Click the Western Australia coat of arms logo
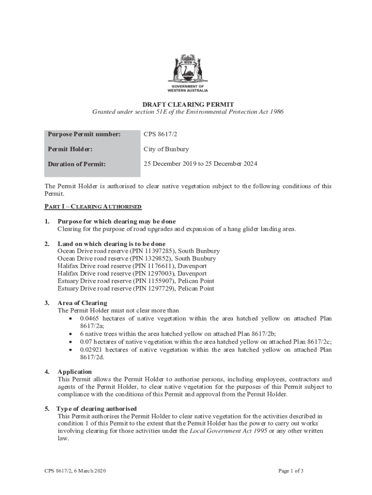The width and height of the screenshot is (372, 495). click(187, 70)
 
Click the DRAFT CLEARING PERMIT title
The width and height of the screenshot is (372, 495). click(188, 104)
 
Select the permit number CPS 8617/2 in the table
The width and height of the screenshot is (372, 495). click(159, 134)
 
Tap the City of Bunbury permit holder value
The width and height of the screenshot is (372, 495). click(166, 149)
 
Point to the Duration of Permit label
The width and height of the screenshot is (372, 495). click(76, 164)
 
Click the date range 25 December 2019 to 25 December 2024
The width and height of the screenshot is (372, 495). click(200, 164)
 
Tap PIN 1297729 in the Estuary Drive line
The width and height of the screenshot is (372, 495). click(154, 289)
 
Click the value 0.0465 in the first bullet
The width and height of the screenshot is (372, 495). click(89, 319)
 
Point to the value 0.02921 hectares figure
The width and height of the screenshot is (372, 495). click(91, 349)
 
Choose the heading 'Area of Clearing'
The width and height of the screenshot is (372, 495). click(82, 303)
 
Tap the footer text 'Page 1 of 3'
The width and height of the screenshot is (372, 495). click(291, 471)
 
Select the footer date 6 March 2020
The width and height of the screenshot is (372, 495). click(89, 471)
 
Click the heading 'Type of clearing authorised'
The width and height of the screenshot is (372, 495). click(97, 408)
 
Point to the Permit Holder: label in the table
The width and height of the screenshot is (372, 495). click(70, 149)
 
